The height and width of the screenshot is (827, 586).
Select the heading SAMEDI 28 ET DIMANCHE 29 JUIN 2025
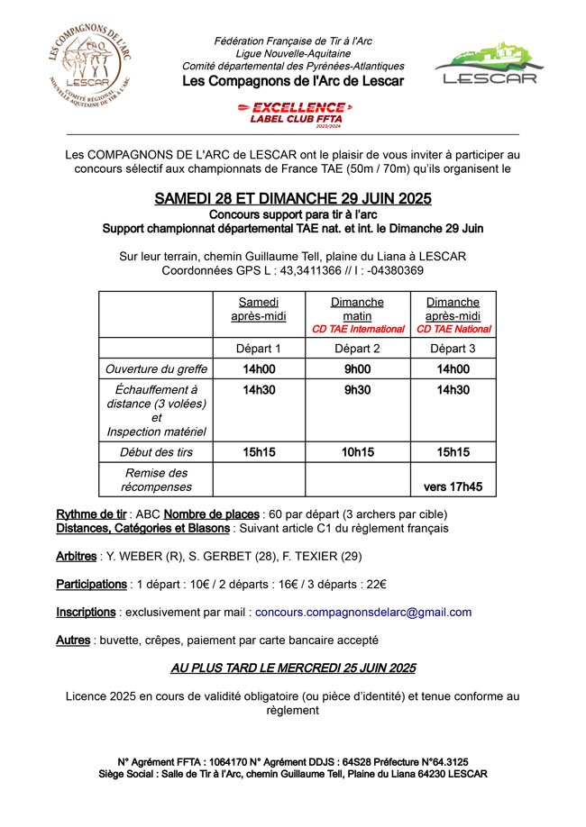293,198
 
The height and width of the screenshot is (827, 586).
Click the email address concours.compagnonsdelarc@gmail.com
363,612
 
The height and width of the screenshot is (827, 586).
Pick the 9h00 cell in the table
358,368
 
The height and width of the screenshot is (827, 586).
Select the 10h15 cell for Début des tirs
358,451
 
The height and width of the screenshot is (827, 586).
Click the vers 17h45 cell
453,486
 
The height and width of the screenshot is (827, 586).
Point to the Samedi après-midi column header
259,309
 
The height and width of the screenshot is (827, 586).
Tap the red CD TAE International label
358,330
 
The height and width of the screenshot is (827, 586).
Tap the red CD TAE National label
453,330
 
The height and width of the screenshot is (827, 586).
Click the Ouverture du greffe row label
156,368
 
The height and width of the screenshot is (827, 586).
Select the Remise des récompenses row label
156,479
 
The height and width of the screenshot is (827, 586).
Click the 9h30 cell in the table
358,390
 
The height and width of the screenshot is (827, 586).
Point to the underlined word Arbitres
76,556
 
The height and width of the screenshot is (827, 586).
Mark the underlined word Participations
91,584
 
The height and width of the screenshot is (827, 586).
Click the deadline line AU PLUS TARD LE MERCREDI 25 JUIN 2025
293,668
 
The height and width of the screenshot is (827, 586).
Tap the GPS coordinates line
293,270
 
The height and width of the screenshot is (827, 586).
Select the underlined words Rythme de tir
91,513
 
